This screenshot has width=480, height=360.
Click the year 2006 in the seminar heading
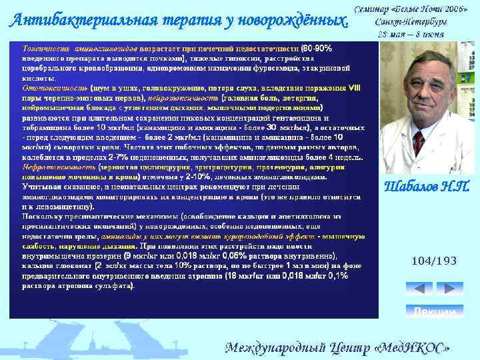coord(453,11)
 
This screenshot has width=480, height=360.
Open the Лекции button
coord(434,311)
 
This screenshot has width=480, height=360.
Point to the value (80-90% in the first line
coord(317,49)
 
